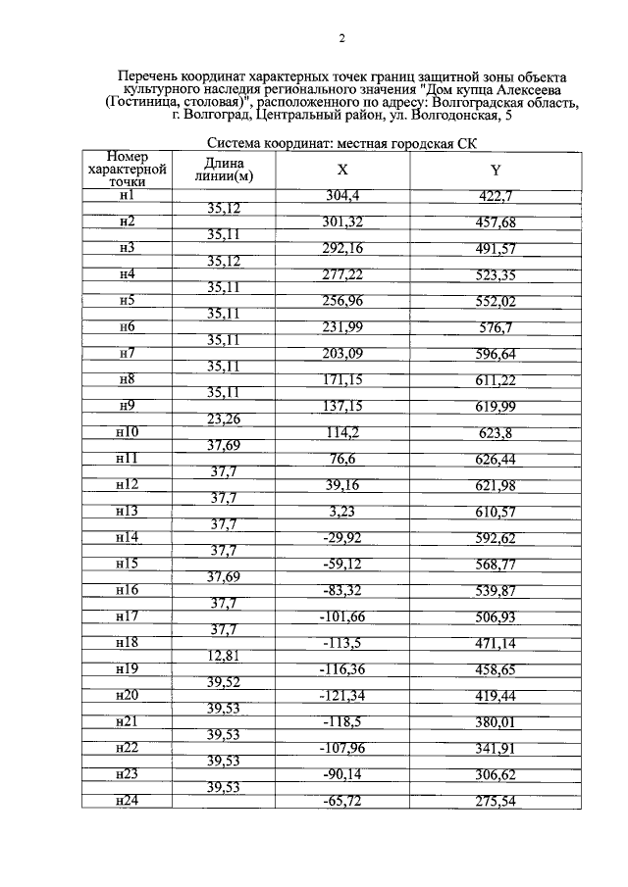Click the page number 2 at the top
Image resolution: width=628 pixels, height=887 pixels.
[340, 38]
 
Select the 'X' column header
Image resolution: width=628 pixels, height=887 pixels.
[342, 169]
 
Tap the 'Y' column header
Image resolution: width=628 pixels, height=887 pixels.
[496, 169]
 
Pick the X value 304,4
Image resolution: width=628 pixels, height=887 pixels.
[342, 195]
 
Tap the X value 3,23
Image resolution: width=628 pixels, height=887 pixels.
[342, 512]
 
